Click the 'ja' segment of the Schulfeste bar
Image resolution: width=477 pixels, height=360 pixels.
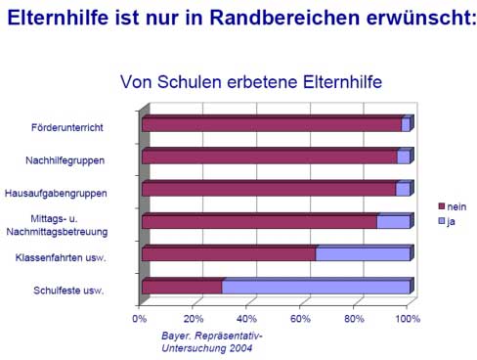(x=316, y=287)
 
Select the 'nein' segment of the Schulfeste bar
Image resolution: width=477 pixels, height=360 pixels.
(x=182, y=287)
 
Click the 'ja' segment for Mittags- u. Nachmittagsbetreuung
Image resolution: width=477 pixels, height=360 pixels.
(x=393, y=222)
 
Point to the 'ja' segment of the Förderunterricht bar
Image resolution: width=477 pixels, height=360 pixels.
(x=406, y=125)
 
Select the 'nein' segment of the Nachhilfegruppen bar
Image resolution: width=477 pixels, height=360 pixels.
(x=270, y=157)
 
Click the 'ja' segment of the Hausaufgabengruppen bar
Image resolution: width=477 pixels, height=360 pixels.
(x=403, y=189)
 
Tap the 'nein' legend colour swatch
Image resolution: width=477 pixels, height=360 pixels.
(x=442, y=206)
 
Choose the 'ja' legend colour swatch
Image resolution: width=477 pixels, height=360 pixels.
(x=442, y=221)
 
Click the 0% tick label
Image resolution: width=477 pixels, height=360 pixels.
(x=139, y=319)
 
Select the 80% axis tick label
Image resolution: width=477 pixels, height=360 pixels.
(x=354, y=319)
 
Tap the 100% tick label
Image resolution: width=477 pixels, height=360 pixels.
(x=408, y=319)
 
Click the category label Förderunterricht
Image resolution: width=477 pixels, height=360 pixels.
(x=67, y=127)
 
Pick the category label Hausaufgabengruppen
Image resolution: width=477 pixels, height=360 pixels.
(x=56, y=193)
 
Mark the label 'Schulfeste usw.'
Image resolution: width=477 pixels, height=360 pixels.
(x=68, y=291)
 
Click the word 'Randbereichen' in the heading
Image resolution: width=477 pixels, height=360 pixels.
(x=284, y=18)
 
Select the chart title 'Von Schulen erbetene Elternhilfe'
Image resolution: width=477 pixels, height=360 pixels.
(x=251, y=82)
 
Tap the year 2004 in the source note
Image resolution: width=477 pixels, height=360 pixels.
(x=240, y=348)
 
